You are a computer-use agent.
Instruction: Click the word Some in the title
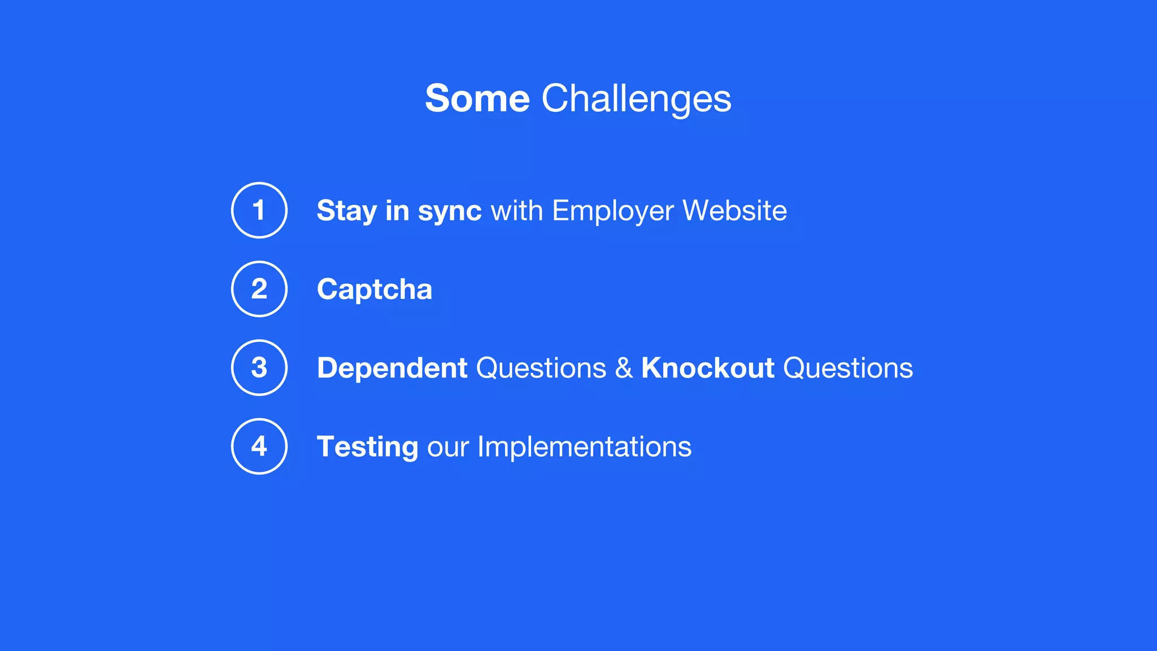coord(477,99)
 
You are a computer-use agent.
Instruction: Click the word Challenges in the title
coord(636,99)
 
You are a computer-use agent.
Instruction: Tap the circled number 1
coord(259,210)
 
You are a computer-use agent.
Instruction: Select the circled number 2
coord(259,289)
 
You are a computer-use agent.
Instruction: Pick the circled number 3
coord(259,367)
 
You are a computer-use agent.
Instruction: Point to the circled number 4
coord(259,446)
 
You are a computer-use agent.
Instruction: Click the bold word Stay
coord(346,211)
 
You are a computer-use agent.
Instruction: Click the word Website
coord(734,211)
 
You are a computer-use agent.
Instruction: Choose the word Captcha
coord(375,289)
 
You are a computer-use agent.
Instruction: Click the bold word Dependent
coord(392,368)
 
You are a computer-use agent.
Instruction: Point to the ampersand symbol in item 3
coord(624,368)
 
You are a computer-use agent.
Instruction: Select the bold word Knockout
coord(707,368)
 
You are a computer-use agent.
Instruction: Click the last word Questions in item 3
coord(847,368)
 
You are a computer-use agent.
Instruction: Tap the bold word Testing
coord(367,447)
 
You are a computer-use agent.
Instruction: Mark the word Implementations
coord(584,447)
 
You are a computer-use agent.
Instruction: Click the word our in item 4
coord(448,447)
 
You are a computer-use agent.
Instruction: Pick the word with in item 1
coord(517,211)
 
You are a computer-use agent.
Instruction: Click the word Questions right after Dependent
coord(541,368)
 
